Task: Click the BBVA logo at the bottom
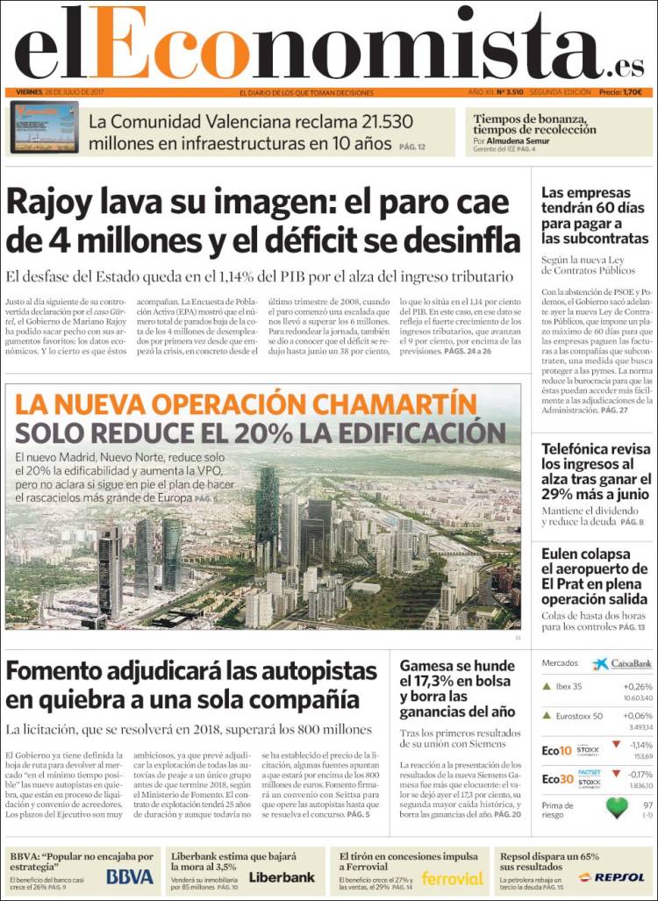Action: pos(130,876)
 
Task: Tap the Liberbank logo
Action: pos(282,876)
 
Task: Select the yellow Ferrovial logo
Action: pos(452,877)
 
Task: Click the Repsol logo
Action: pos(619,877)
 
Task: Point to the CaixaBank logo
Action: pos(621,664)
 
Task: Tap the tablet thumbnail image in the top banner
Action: pos(45,127)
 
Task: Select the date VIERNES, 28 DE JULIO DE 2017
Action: pos(61,92)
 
